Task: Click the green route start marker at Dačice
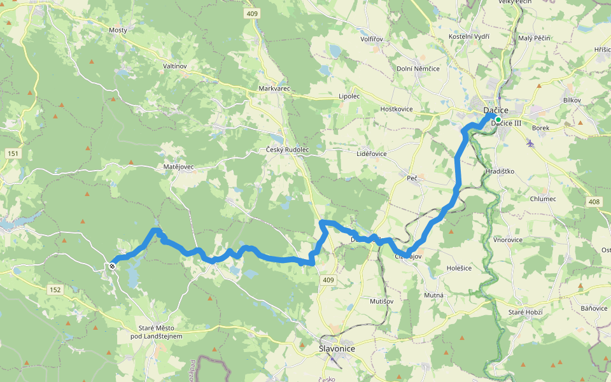point(498,119)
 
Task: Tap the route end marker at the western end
point(112,265)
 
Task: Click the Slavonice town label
point(337,349)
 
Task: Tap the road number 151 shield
point(13,153)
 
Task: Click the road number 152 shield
point(55,290)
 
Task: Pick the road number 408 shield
point(594,201)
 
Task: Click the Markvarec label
point(274,88)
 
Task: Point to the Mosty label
point(118,30)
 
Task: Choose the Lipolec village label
point(349,96)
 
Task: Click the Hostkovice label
point(397,109)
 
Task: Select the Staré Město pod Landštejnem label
point(156,332)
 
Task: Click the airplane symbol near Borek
point(530,143)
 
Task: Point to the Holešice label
point(459,268)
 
